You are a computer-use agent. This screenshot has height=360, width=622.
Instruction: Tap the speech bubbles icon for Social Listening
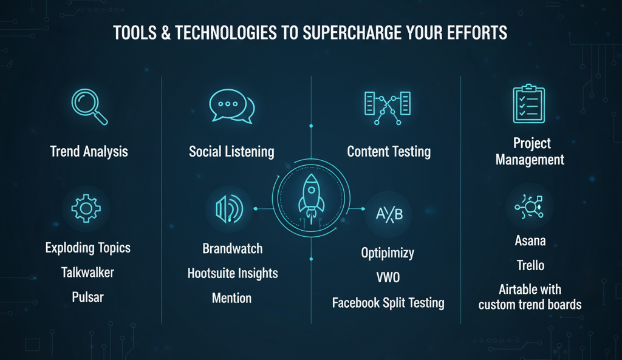[x=231, y=106]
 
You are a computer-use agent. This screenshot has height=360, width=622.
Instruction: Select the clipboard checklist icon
[x=529, y=104]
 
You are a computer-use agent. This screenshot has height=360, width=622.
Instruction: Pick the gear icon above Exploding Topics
[x=86, y=209]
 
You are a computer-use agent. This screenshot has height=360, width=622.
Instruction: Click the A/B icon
[x=389, y=214]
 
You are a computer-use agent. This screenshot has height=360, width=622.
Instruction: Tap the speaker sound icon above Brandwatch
[x=229, y=209]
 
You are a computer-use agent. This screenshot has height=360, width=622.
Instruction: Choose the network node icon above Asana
[x=529, y=206]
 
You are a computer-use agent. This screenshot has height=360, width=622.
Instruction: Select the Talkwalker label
[x=87, y=273]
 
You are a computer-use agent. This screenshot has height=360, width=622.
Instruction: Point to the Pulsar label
[x=87, y=297]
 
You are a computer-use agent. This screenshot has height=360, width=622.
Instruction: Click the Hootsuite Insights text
[x=233, y=274]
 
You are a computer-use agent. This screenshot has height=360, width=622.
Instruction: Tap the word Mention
[x=231, y=298]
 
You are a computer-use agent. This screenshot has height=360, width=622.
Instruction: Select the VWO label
[x=388, y=277]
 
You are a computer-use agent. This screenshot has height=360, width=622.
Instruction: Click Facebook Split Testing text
[x=388, y=303]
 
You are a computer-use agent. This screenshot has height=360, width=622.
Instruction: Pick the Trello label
[x=530, y=265]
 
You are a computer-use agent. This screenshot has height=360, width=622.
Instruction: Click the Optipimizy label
[x=388, y=253]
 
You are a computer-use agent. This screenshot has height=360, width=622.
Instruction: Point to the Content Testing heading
[x=389, y=152]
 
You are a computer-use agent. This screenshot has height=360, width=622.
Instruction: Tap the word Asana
[x=530, y=240]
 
